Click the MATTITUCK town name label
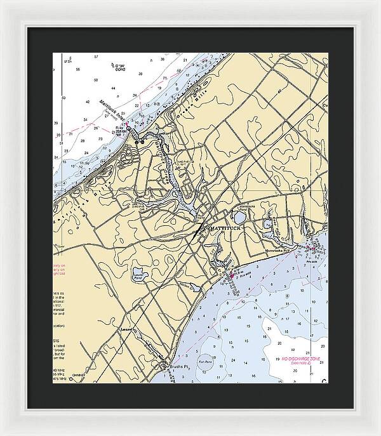click(223, 225)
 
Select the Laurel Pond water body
click(139, 276)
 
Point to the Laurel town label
click(128, 329)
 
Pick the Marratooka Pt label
click(276, 249)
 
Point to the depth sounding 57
click(97, 57)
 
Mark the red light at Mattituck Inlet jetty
click(127, 125)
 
